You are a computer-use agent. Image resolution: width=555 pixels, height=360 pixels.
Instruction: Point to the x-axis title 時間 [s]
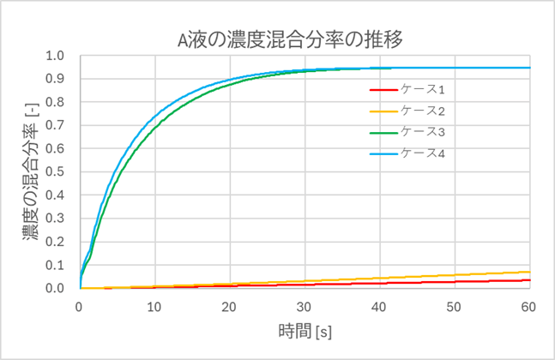click(x=305, y=331)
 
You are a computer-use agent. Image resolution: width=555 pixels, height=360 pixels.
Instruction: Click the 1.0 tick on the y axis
click(x=57, y=56)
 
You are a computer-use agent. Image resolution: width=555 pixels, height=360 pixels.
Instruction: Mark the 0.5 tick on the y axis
click(x=57, y=172)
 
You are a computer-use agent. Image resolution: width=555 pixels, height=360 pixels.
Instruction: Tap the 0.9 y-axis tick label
click(x=57, y=79)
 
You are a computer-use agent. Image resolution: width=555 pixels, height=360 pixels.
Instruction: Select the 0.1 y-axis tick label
click(x=57, y=266)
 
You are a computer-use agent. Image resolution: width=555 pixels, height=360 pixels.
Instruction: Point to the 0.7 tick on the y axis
click(x=57, y=126)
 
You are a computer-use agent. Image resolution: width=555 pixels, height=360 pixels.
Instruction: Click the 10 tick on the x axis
click(x=154, y=306)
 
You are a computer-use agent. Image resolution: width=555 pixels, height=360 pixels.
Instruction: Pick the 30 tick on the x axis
click(x=305, y=306)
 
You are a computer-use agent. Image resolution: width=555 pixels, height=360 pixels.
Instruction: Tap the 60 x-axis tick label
click(x=529, y=306)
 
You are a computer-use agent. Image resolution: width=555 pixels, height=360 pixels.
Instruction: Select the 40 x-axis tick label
click(x=380, y=306)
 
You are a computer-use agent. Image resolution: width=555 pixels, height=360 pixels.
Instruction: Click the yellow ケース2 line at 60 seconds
click(x=529, y=272)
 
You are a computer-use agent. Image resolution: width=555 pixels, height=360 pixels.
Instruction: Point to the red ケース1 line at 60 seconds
click(x=529, y=280)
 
